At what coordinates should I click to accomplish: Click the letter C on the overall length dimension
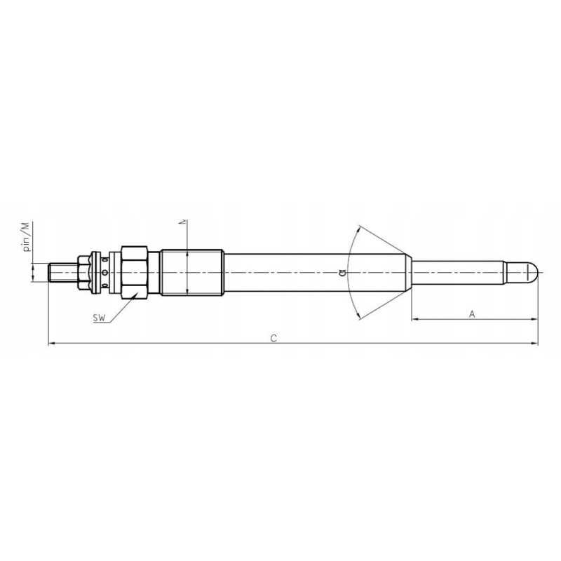click(x=273, y=338)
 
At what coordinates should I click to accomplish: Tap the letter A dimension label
click(x=472, y=314)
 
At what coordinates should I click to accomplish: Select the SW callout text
click(x=99, y=318)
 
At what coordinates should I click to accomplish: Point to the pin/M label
click(x=26, y=237)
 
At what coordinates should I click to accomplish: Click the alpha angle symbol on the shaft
click(x=342, y=272)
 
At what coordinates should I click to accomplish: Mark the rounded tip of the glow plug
click(x=533, y=271)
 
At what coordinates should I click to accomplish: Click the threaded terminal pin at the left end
click(x=62, y=272)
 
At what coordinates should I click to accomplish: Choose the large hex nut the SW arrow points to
click(x=133, y=272)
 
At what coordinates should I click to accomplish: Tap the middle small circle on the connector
click(x=105, y=272)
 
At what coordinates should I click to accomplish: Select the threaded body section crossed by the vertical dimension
click(x=191, y=272)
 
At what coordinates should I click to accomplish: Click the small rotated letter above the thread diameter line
click(x=183, y=222)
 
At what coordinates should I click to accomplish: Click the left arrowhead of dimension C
click(x=50, y=344)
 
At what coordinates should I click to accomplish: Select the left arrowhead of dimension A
click(x=414, y=320)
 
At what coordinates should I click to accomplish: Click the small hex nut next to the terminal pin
click(x=84, y=272)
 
